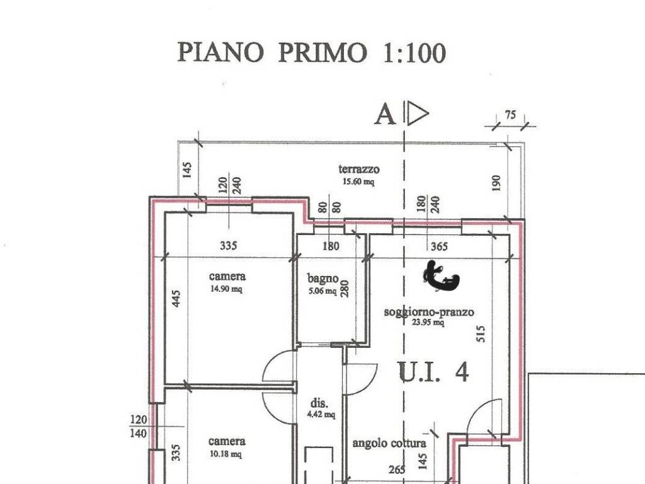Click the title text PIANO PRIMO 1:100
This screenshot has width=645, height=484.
(x=311, y=52)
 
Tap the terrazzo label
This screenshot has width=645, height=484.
(x=359, y=169)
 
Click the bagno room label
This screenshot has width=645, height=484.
(x=323, y=278)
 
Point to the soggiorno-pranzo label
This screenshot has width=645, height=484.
(x=429, y=312)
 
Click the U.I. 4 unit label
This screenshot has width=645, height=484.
(x=434, y=372)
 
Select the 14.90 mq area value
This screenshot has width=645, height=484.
(x=227, y=289)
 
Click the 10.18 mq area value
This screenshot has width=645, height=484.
(x=227, y=454)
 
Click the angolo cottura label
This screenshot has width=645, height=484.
(x=389, y=443)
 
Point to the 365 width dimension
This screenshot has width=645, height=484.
(x=438, y=246)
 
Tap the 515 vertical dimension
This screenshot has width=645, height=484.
(x=481, y=333)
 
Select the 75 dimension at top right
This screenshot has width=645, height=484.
(x=510, y=115)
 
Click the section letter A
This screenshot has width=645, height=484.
(x=385, y=115)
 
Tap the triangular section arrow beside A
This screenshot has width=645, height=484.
(x=417, y=114)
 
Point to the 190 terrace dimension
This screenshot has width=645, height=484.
(x=496, y=183)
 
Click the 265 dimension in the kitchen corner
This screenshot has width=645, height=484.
(x=397, y=470)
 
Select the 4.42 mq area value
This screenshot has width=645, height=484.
(x=321, y=414)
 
